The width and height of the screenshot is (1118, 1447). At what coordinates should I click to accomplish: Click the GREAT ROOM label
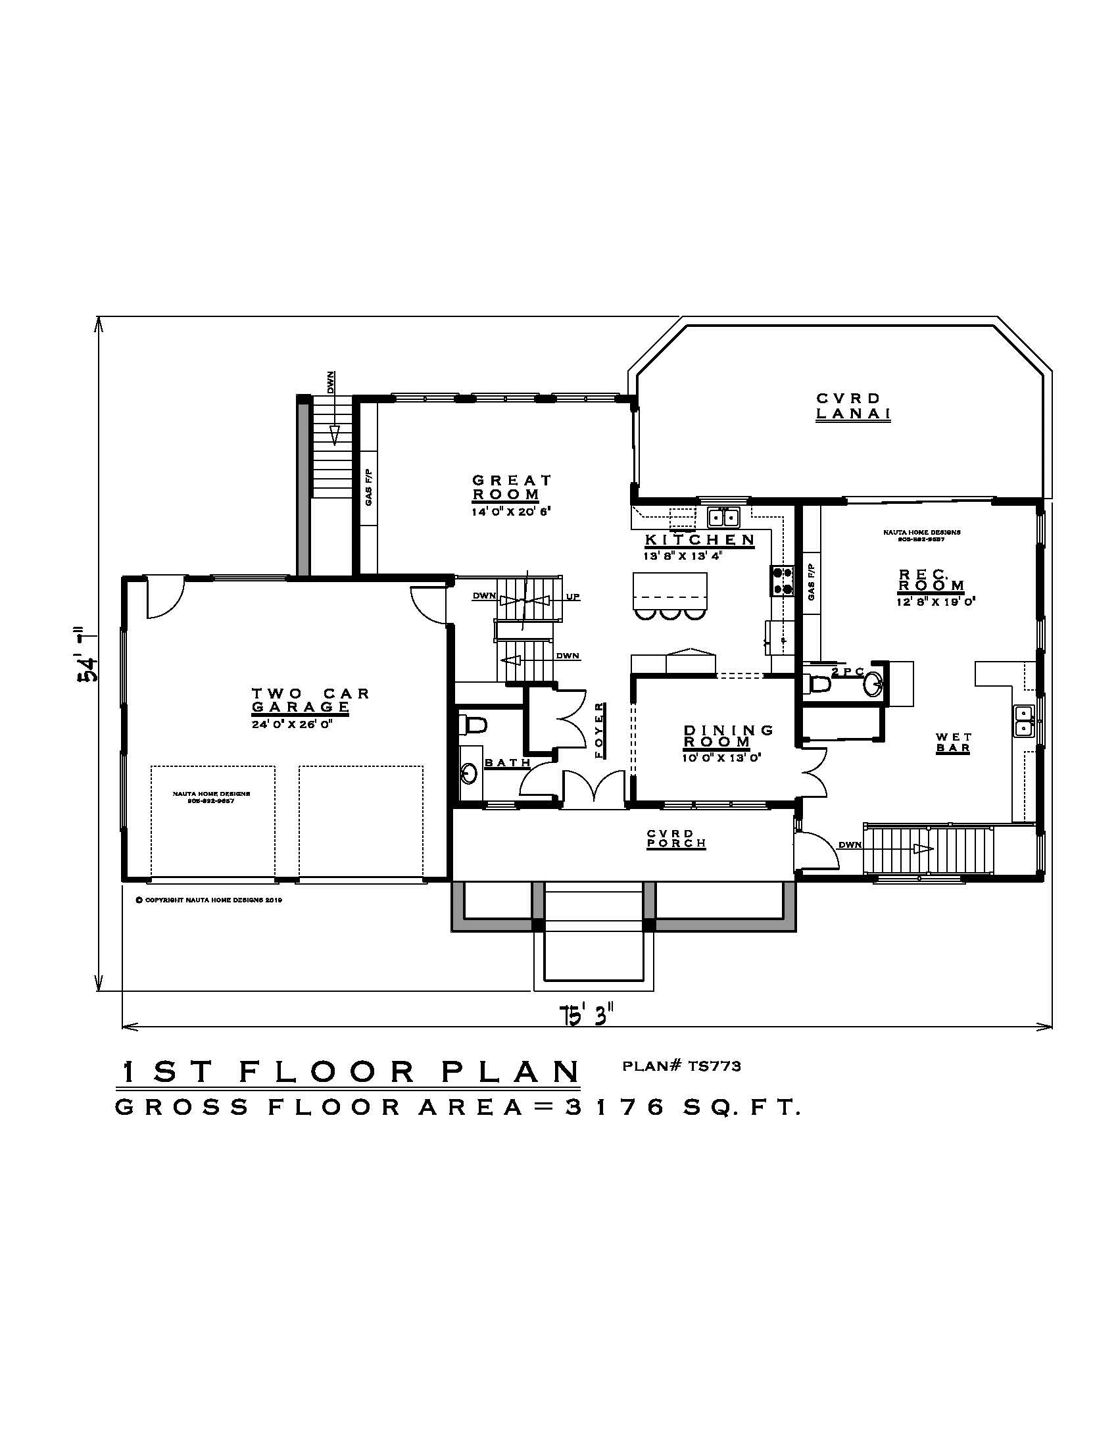click(x=511, y=487)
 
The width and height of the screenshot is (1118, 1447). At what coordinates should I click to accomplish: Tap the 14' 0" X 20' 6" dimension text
click(x=511, y=512)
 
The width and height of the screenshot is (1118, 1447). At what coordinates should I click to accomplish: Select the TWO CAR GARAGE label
click(x=310, y=700)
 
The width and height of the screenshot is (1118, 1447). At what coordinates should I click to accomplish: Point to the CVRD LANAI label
click(x=852, y=406)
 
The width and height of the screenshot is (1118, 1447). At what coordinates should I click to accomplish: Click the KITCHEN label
click(x=700, y=539)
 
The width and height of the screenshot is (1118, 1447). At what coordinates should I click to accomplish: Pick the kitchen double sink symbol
click(x=723, y=516)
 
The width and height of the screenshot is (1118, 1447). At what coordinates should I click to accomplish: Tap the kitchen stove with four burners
click(x=781, y=581)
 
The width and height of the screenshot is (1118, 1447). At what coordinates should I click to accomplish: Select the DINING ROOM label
click(x=727, y=735)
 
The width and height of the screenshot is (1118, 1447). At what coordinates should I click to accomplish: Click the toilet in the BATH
click(x=474, y=725)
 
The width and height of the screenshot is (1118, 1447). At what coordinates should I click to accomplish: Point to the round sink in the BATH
click(x=470, y=773)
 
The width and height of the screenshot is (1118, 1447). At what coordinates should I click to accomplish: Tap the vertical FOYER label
click(x=600, y=730)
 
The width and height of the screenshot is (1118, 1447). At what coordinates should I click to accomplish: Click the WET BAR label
click(x=954, y=742)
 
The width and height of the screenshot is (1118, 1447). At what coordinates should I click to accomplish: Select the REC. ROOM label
click(x=931, y=579)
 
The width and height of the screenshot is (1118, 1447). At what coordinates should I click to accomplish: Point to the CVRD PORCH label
click(x=676, y=838)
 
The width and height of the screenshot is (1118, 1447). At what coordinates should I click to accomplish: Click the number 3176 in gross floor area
click(x=615, y=1107)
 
